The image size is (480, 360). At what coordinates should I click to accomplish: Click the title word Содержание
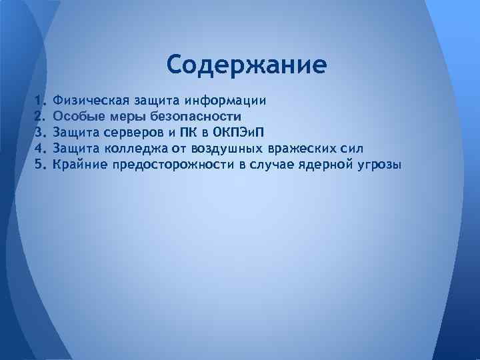[x=247, y=65]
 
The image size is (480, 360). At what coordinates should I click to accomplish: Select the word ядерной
[x=323, y=163]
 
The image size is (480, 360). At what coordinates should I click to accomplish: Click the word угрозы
[x=378, y=163]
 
